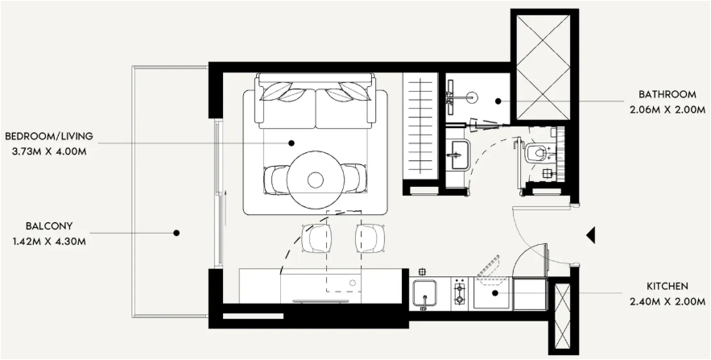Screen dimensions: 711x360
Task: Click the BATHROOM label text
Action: click(667, 95)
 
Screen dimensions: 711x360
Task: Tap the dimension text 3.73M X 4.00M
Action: click(49, 151)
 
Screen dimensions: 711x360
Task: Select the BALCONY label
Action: click(49, 226)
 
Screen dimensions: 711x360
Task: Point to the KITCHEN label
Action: click(667, 287)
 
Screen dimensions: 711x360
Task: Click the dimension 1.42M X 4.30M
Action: click(49, 242)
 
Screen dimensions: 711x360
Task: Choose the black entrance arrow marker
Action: click(590, 235)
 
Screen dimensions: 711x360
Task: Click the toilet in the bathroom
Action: click(538, 153)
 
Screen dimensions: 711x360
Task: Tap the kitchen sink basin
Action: click(425, 294)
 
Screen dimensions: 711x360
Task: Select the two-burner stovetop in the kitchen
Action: click(460, 293)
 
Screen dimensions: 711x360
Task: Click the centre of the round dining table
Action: click(316, 180)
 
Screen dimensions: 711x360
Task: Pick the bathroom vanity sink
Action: click(458, 155)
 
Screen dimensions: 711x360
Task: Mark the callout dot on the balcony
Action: click(176, 233)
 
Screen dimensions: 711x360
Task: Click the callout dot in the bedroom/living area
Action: click(291, 143)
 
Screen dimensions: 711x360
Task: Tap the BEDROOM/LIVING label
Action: click(49, 136)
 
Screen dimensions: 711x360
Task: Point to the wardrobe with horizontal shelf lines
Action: click(420, 126)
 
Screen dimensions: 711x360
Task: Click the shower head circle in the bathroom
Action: click(473, 97)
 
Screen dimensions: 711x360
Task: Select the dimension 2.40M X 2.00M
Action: click(667, 302)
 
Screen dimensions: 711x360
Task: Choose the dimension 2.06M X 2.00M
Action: click(667, 110)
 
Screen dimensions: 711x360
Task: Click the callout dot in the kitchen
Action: click(495, 293)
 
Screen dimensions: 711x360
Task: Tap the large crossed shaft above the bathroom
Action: click(544, 67)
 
